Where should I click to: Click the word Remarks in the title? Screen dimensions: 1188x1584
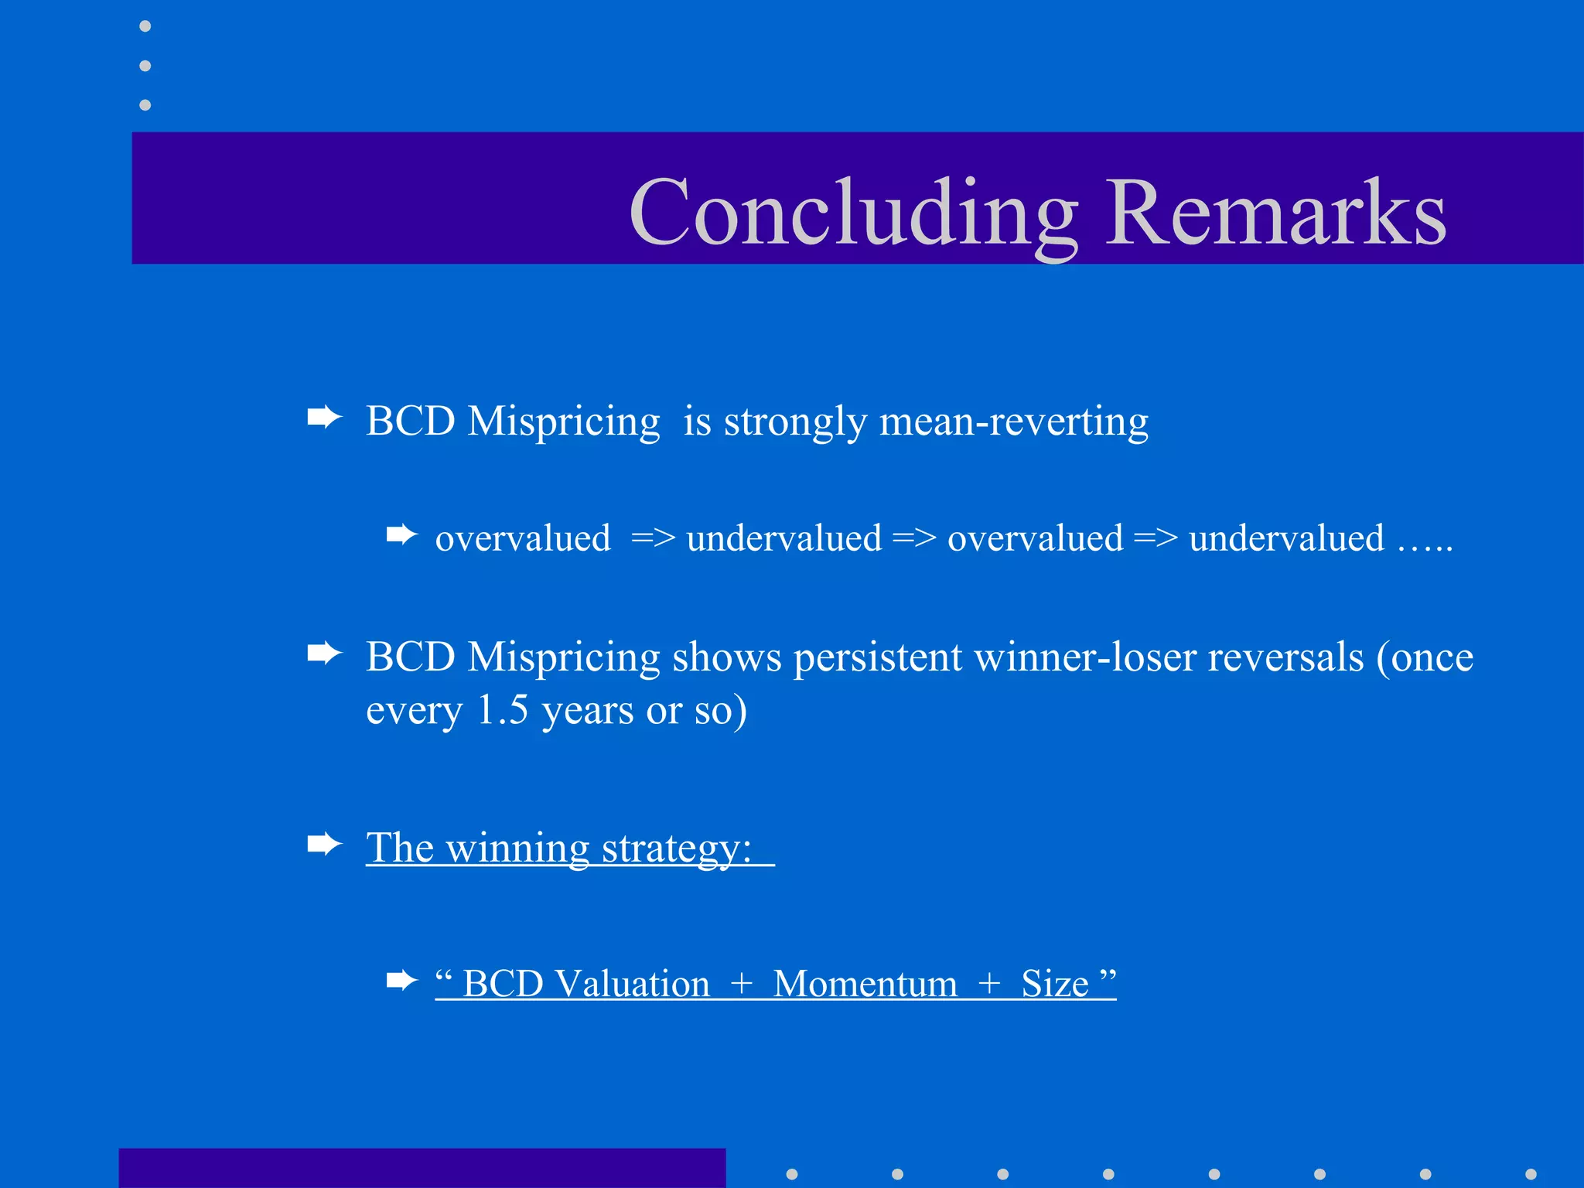click(1275, 213)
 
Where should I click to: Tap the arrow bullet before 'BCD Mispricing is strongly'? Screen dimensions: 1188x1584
click(324, 418)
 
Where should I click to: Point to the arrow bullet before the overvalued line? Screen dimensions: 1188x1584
click(401, 534)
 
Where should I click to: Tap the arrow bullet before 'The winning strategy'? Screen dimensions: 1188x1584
click(324, 844)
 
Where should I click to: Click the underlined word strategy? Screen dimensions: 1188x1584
click(676, 848)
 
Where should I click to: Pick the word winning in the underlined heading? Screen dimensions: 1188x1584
click(517, 848)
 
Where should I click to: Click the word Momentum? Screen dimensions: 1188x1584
click(865, 984)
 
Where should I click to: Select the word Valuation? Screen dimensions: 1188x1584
click(632, 984)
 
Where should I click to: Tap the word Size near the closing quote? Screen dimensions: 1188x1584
click(1054, 984)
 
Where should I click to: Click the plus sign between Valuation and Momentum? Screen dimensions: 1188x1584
click(741, 984)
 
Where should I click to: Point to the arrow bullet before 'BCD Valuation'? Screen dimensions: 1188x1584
click(401, 981)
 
